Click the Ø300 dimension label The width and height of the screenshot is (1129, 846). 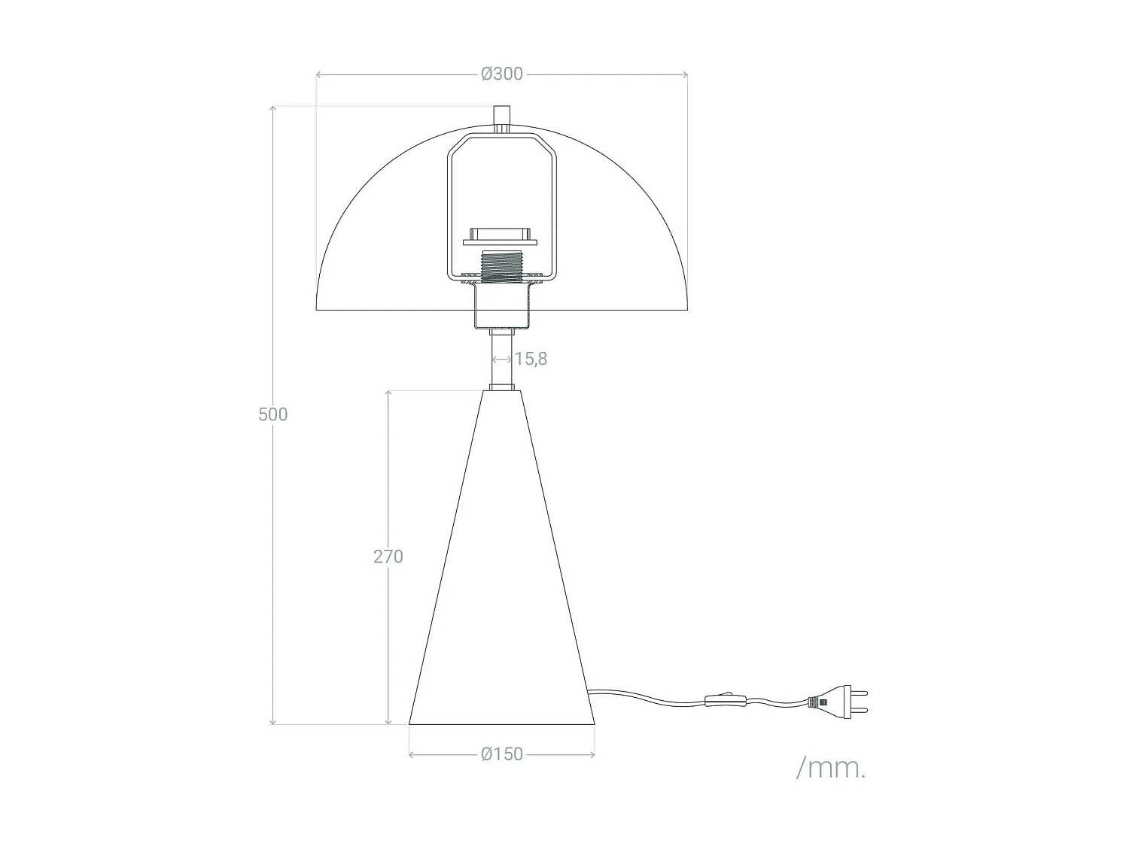(x=501, y=74)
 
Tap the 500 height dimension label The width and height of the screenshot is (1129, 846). (x=272, y=414)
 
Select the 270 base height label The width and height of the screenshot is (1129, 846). (x=388, y=556)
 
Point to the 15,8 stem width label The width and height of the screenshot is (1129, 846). (x=531, y=359)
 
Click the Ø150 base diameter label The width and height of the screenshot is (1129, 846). (x=501, y=754)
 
